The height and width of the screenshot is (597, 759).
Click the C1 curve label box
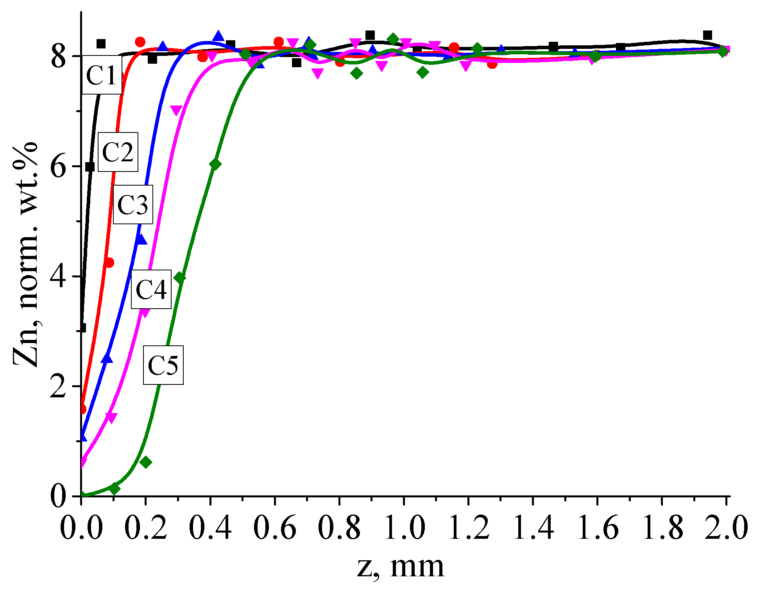pyautogui.click(x=102, y=75)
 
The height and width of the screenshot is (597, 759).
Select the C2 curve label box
pyautogui.click(x=118, y=152)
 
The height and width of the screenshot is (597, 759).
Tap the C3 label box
pyautogui.click(x=133, y=204)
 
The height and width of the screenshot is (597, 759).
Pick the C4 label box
pyautogui.click(x=151, y=289)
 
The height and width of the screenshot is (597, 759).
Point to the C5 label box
pyautogui.click(x=163, y=365)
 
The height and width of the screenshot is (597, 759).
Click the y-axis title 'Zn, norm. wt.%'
pyautogui.click(x=26, y=254)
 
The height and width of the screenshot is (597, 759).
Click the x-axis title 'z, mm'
pyautogui.click(x=401, y=567)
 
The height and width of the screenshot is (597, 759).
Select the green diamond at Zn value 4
pyautogui.click(x=179, y=278)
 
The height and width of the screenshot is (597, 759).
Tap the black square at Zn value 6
pyautogui.click(x=90, y=167)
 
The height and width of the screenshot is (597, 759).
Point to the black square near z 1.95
pyautogui.click(x=707, y=35)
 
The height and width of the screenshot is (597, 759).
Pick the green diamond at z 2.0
pyautogui.click(x=723, y=51)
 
